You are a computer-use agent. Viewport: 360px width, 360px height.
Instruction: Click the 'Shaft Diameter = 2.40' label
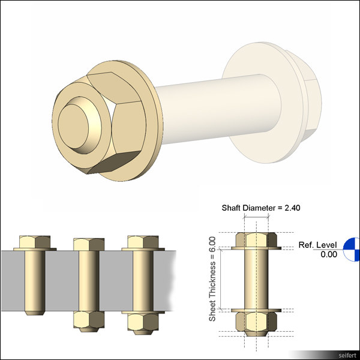pyautogui.click(x=260, y=208)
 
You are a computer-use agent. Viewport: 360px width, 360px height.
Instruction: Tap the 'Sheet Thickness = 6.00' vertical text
pyautogui.click(x=212, y=278)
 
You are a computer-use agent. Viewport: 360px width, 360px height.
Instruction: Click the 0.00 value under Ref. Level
pyautogui.click(x=328, y=254)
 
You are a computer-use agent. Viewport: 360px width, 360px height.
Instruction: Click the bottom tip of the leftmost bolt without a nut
pyautogui.click(x=35, y=313)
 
